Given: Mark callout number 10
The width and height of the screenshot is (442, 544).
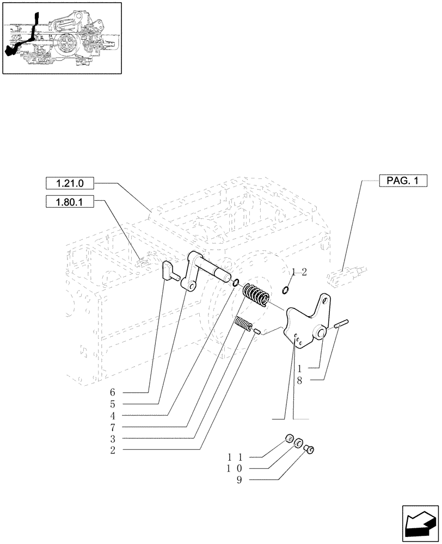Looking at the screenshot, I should pyautogui.click(x=236, y=468).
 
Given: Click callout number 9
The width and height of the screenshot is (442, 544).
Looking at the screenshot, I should pyautogui.click(x=239, y=480).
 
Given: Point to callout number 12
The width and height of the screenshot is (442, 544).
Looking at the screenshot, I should pyautogui.click(x=299, y=272).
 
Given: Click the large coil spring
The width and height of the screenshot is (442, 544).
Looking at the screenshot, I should pyautogui.click(x=255, y=296).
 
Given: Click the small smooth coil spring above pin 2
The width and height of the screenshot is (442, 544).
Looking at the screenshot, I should pyautogui.click(x=243, y=324).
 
